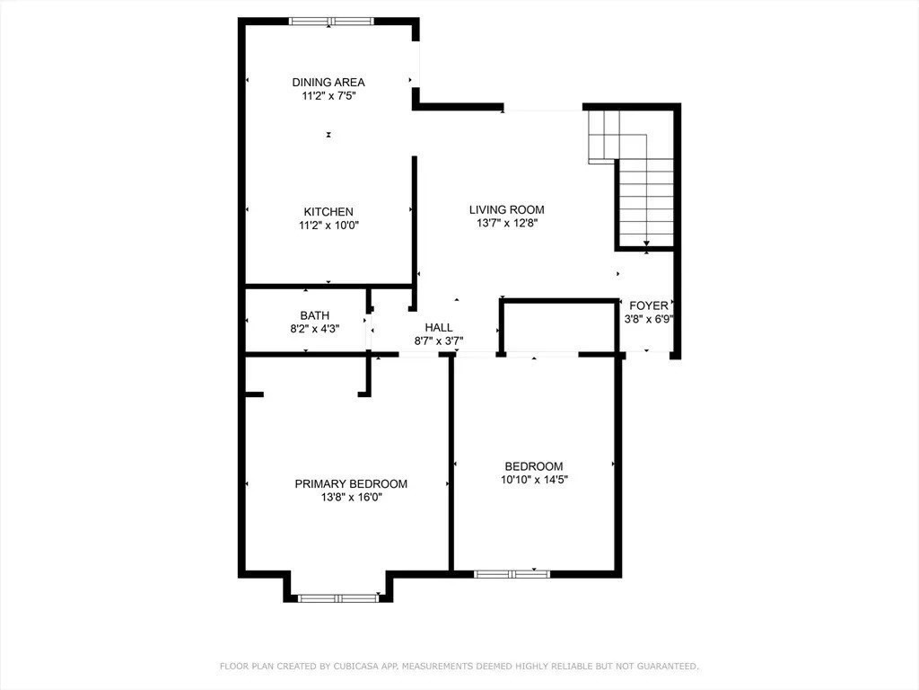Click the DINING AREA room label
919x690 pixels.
328,82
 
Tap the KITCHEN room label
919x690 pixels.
328,212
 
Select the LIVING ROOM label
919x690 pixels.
507,210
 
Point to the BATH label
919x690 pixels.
315,315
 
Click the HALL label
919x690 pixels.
439,328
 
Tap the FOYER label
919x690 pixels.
648,305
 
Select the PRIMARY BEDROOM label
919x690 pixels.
351,483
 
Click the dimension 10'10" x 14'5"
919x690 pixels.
534,480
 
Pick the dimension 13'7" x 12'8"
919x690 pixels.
507,224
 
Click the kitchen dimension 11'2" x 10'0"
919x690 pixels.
328,226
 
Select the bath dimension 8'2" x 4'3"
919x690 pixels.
315,329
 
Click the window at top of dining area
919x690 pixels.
329,21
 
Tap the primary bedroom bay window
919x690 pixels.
338,597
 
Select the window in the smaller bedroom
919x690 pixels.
512,573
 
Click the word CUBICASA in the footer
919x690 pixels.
331,666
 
